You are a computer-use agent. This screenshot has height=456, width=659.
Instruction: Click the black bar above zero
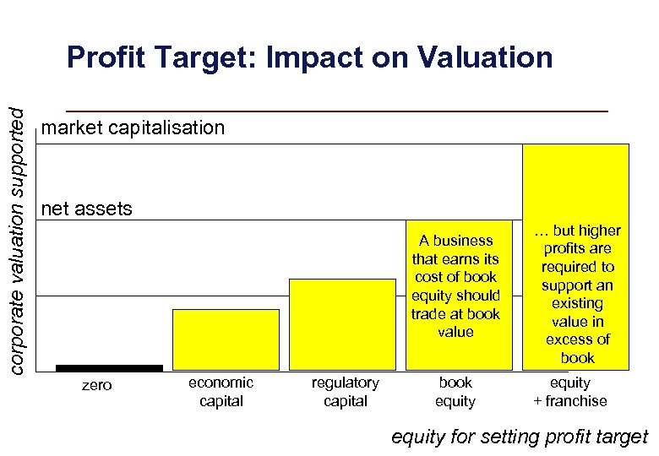click(x=109, y=368)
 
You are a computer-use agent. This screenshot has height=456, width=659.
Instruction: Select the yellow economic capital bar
click(x=226, y=339)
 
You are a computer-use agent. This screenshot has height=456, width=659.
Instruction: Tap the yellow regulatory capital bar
click(x=342, y=324)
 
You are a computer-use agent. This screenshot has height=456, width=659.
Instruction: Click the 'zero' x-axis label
click(x=95, y=385)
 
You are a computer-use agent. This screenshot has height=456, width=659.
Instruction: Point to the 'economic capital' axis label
click(x=221, y=392)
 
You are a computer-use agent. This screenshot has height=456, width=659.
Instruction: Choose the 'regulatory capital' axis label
click(x=346, y=392)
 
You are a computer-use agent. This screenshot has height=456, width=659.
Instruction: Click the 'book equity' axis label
click(x=455, y=392)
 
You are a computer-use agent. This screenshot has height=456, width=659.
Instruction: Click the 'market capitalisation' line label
click(x=133, y=128)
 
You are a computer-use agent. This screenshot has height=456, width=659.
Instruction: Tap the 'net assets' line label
click(x=87, y=209)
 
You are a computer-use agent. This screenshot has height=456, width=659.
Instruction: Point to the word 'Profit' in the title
click(x=106, y=57)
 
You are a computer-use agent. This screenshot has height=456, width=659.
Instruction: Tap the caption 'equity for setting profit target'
click(x=520, y=437)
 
